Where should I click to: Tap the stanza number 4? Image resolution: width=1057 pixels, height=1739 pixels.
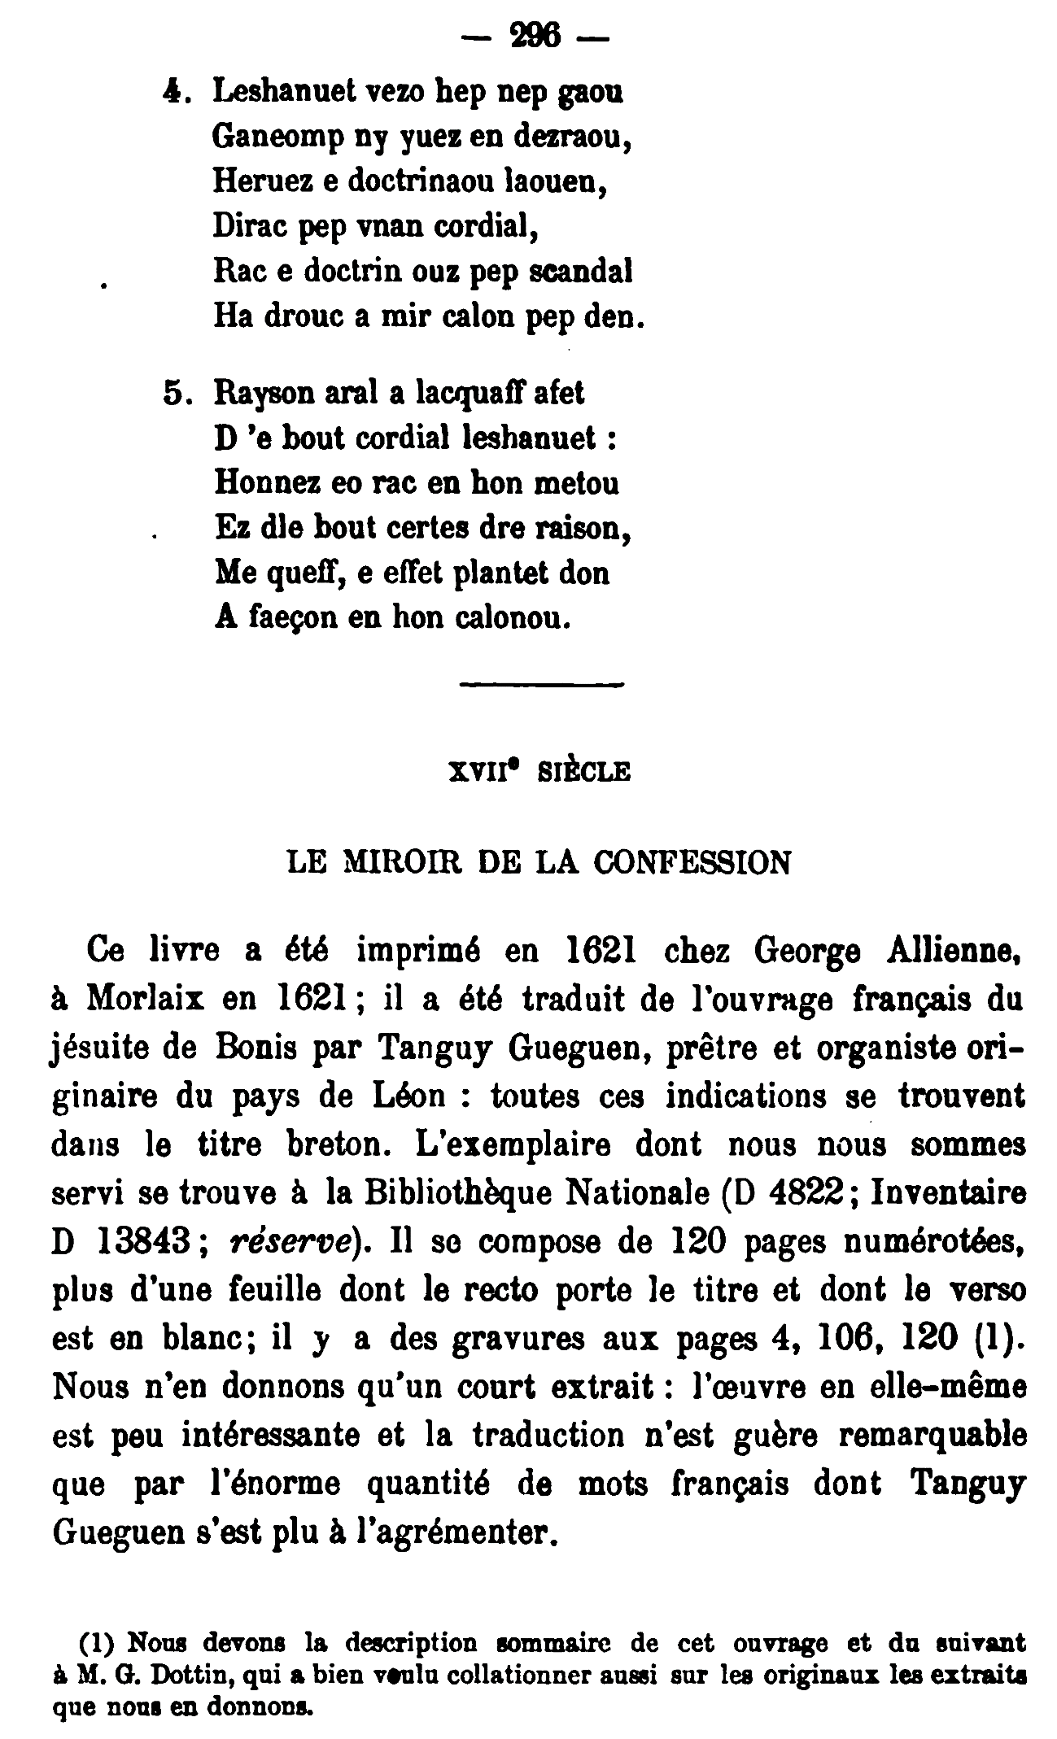pos(170,93)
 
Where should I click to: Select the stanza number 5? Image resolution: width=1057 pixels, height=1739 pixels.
pos(176,394)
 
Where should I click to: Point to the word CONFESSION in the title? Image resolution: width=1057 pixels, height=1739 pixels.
pos(692,862)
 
